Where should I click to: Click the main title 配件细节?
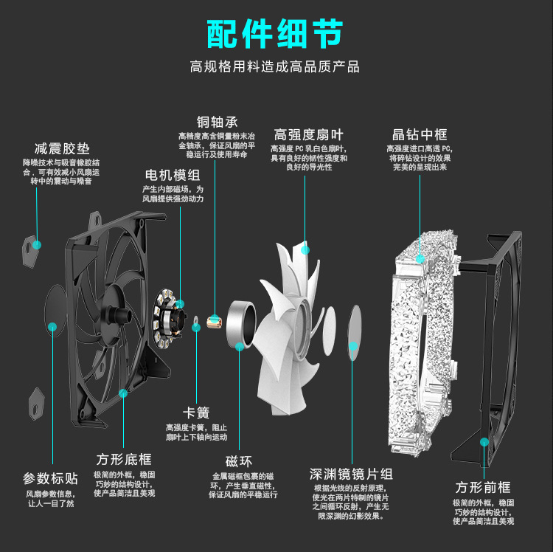[x=275, y=33]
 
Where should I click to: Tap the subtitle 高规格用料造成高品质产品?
[x=275, y=66]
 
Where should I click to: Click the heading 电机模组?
[x=173, y=175]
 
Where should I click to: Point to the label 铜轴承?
[x=217, y=122]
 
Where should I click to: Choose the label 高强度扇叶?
[x=309, y=134]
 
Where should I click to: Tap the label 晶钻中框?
[x=420, y=134]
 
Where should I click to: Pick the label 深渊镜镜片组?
[x=351, y=473]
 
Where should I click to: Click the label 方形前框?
[x=483, y=487]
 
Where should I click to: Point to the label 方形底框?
[x=124, y=458]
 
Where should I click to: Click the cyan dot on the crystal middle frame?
[x=420, y=258]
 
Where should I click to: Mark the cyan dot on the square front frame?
[x=484, y=441]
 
